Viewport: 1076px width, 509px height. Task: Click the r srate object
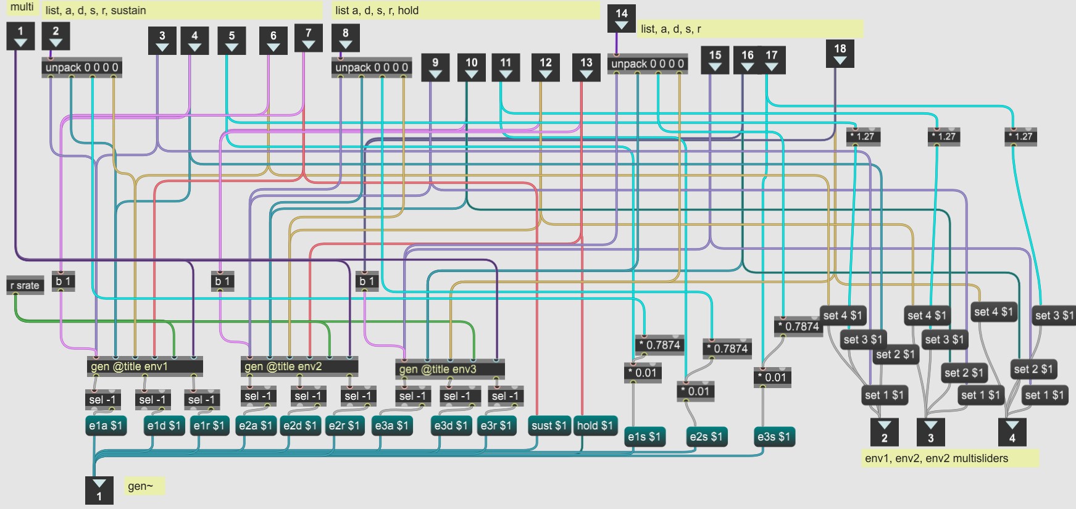25,285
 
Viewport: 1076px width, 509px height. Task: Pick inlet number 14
621,18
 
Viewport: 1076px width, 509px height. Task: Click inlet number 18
840,53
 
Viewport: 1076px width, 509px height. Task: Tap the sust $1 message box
549,426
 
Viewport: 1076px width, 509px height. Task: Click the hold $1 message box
594,426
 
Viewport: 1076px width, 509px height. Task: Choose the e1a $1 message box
106,426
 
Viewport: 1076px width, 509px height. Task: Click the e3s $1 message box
774,437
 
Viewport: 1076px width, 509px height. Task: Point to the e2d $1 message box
300,426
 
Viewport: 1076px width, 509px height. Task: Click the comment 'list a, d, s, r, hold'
377,10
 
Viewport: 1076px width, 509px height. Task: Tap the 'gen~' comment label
140,486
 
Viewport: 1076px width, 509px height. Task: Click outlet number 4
1012,431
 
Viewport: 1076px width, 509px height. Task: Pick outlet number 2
884,431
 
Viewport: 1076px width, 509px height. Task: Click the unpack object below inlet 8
371,68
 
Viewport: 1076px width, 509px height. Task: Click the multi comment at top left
22,7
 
